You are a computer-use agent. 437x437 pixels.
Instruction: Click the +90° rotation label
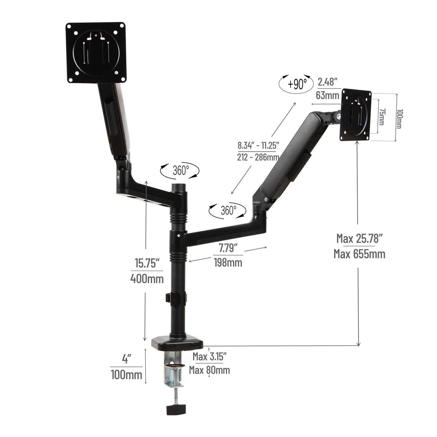[297, 84]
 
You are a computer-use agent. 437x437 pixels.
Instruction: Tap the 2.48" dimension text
[327, 82]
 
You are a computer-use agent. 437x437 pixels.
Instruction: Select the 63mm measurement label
[327, 95]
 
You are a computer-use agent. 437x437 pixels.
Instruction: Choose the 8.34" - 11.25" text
[258, 145]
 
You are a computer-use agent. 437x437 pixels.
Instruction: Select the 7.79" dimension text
[228, 249]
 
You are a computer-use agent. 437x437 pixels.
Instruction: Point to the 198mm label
[228, 262]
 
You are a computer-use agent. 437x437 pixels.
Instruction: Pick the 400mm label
[147, 278]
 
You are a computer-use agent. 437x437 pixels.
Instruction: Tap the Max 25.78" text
[360, 239]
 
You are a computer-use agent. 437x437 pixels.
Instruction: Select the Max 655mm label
[360, 253]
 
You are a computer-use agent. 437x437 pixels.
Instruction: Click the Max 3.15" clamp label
[209, 357]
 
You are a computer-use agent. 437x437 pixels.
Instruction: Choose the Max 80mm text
[209, 370]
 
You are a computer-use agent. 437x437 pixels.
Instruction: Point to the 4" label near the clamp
[126, 359]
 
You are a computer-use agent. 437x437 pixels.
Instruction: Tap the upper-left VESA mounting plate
[96, 53]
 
